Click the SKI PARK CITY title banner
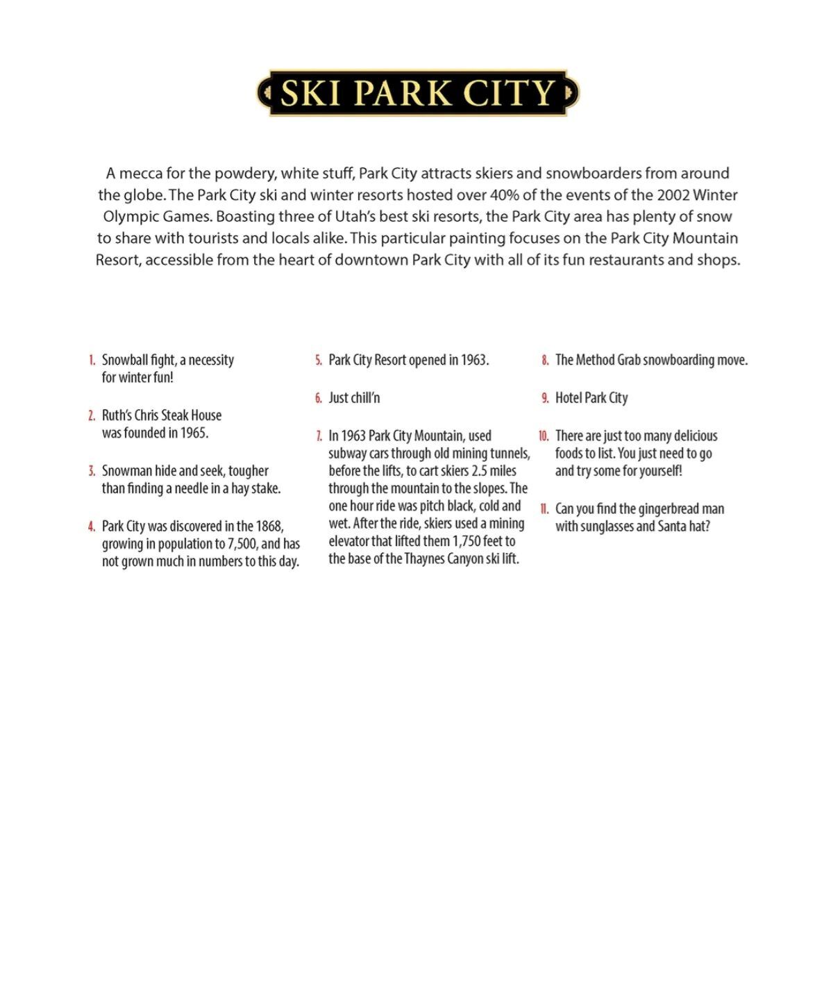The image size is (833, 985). [x=418, y=92]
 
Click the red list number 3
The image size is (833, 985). [x=92, y=471]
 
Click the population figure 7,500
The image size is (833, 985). [x=242, y=544]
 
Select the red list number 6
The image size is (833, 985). [x=319, y=398]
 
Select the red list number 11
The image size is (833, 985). [x=544, y=509]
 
